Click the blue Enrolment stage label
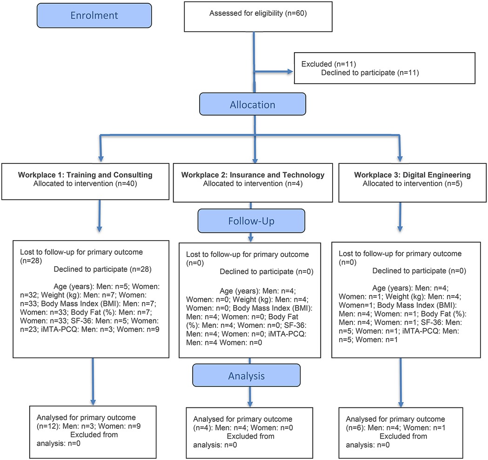click(x=94, y=15)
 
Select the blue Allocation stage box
click(x=253, y=104)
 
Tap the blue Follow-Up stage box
click(x=251, y=221)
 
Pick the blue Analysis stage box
click(x=247, y=376)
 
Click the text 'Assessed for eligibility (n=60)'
click(x=258, y=13)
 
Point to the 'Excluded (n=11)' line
click(x=328, y=64)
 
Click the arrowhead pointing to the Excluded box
click(x=290, y=72)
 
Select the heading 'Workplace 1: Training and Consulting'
click(x=85, y=175)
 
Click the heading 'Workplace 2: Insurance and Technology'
click(x=253, y=175)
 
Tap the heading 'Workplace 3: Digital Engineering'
click(x=412, y=175)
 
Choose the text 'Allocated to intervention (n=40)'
click(x=85, y=183)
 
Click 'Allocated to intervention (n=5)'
click(x=412, y=183)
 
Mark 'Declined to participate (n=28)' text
click(x=103, y=269)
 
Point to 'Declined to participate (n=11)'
click(x=370, y=73)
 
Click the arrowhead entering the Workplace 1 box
click(x=100, y=158)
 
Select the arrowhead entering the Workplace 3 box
click(x=400, y=158)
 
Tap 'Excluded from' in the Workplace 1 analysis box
click(x=94, y=434)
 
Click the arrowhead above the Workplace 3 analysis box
click(x=401, y=404)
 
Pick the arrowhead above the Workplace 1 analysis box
click(x=93, y=402)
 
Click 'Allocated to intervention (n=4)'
click(x=253, y=183)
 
